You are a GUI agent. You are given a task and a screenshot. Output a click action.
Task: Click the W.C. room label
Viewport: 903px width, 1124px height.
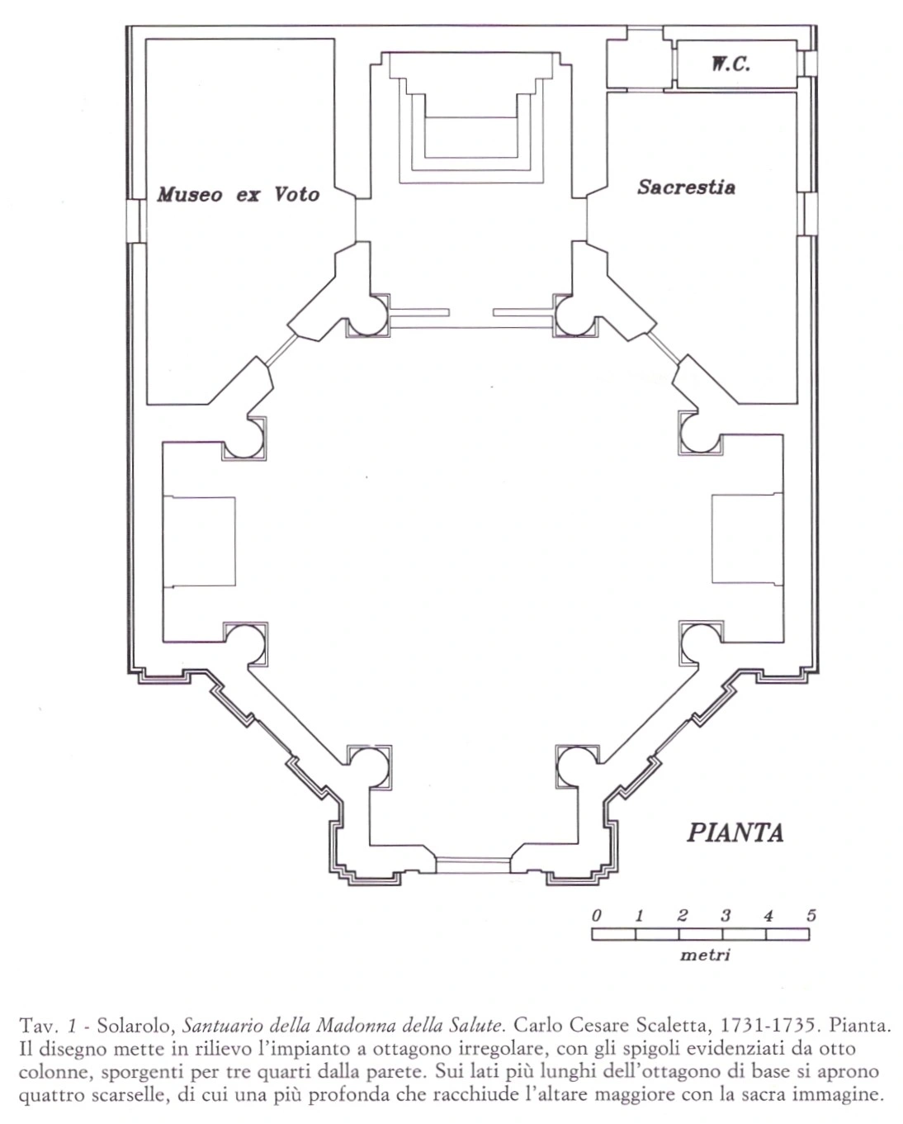click(x=730, y=64)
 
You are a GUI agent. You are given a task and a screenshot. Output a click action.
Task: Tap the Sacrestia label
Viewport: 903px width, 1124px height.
click(x=686, y=187)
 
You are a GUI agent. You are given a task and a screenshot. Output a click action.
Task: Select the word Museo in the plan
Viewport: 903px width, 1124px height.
click(x=190, y=194)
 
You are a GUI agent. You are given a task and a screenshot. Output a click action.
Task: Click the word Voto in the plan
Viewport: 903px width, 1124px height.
click(x=296, y=194)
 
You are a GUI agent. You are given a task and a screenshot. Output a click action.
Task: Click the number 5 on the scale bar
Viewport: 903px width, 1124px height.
click(x=811, y=915)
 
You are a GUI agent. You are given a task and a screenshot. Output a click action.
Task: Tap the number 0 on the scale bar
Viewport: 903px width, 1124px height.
click(x=597, y=915)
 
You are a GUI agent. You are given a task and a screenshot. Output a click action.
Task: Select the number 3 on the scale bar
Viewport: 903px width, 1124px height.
click(x=725, y=915)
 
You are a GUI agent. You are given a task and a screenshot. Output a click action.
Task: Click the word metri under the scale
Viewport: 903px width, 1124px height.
click(x=705, y=956)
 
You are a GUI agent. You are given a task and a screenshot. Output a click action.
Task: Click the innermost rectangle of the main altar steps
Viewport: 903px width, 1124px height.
click(x=471, y=137)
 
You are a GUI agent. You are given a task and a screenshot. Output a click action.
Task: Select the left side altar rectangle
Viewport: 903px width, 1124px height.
click(x=200, y=541)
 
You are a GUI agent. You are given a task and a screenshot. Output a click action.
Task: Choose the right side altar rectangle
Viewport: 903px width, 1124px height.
click(x=748, y=538)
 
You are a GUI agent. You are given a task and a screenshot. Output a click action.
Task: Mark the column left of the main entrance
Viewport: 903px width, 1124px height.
click(x=368, y=767)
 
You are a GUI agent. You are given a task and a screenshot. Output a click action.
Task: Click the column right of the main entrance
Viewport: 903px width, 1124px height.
click(x=577, y=767)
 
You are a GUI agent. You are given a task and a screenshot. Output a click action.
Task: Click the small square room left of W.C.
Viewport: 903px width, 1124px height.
click(x=640, y=64)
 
